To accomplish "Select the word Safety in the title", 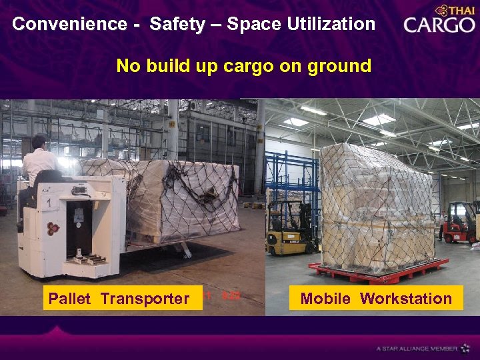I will [x=178, y=24].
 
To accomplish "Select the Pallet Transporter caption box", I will [x=119, y=299].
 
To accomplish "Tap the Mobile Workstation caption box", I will [x=376, y=299].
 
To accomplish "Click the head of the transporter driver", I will [x=39, y=142].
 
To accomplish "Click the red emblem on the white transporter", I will [x=53, y=229].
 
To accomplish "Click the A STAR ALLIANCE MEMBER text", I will [x=416, y=348].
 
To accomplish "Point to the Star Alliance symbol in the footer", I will [x=466, y=348].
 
